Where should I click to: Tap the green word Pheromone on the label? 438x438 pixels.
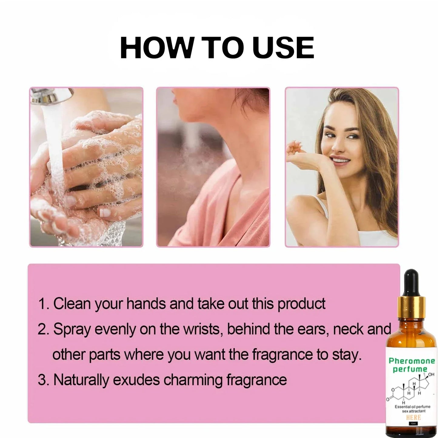click(412, 361)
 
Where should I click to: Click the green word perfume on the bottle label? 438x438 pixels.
click(410, 369)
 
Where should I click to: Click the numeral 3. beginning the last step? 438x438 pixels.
click(43, 380)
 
